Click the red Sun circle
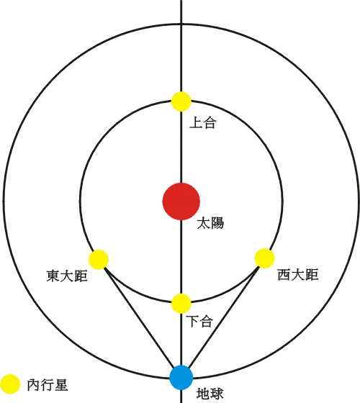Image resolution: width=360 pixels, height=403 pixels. [181, 201]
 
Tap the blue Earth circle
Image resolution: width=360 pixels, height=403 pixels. [181, 377]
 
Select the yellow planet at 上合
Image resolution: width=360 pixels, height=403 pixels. [181, 101]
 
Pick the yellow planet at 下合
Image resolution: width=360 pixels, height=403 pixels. [181, 303]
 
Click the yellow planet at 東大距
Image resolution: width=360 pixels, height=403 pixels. [99, 259]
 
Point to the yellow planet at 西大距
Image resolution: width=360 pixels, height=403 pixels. [265, 258]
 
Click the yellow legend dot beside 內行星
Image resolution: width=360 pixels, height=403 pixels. [10, 384]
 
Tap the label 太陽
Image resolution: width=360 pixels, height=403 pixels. [210, 223]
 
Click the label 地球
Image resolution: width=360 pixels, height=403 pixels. [210, 393]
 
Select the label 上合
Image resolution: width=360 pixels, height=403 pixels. [203, 122]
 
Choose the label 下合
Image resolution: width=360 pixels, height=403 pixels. [199, 321]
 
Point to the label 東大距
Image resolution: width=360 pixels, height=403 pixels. [67, 276]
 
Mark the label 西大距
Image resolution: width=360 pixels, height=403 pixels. [298, 274]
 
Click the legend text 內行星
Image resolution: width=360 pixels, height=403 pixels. [48, 385]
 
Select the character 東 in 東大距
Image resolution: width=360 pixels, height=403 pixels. [53, 276]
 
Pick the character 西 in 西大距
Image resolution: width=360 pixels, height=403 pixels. [284, 274]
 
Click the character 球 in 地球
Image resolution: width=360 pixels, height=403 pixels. [217, 393]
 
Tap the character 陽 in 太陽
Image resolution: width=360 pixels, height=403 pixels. [217, 223]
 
